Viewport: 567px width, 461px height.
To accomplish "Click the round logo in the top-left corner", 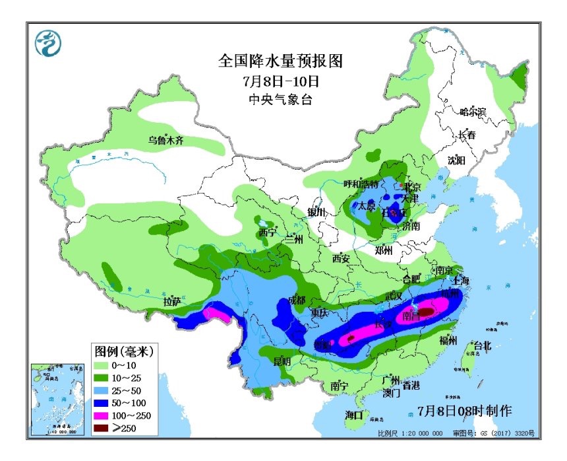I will point(48,44).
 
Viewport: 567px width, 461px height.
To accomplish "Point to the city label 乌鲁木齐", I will point(165,140).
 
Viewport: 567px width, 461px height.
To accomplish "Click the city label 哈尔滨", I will point(473,112).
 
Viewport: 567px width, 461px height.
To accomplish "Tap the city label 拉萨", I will point(172,302).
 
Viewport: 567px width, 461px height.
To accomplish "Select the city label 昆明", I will point(282,361).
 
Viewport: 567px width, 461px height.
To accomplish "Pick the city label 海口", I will point(354,415).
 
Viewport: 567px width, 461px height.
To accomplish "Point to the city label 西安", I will point(342,258).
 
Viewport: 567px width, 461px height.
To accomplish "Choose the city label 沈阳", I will point(456,160).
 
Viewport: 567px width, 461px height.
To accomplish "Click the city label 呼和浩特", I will point(361,184).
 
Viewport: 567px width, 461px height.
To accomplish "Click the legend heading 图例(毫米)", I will point(123,349).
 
